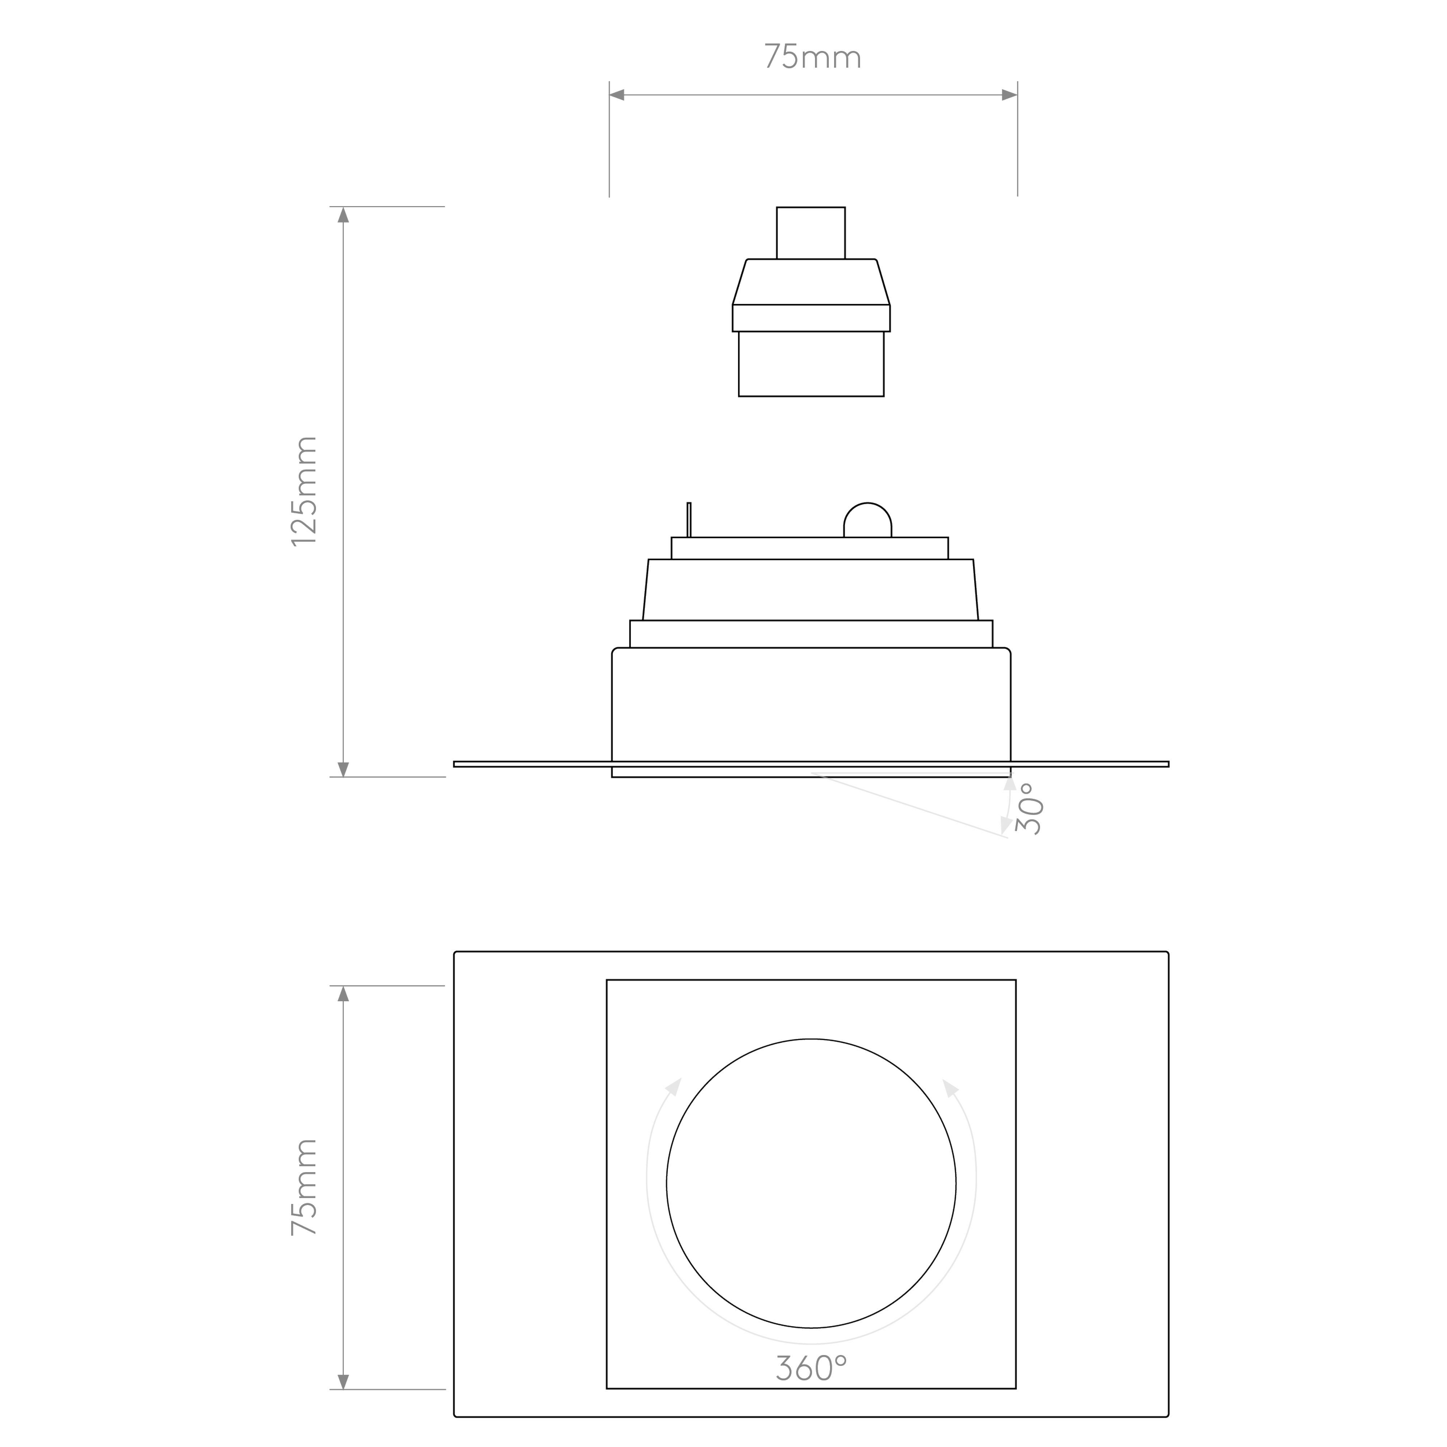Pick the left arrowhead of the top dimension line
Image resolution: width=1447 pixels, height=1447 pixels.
pyautogui.click(x=616, y=95)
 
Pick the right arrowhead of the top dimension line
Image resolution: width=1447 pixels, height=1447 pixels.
pyautogui.click(x=1010, y=95)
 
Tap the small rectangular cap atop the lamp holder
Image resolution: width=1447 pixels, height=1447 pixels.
pyautogui.click(x=811, y=233)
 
